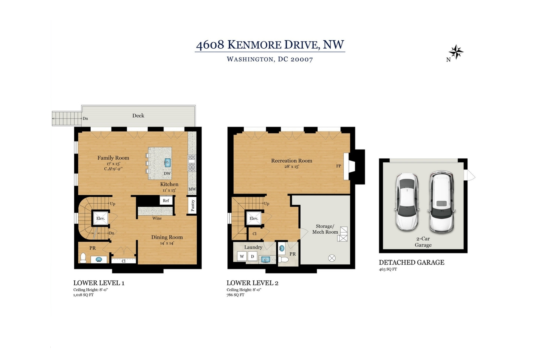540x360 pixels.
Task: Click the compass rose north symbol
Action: (456, 52)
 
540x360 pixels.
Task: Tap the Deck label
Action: (138, 115)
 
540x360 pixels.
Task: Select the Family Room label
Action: (113, 158)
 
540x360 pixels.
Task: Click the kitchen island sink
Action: (167, 163)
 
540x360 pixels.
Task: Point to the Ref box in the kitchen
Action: (166, 200)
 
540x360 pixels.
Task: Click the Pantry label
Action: (193, 205)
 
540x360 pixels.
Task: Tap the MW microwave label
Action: (192, 189)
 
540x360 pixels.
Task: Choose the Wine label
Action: (157, 218)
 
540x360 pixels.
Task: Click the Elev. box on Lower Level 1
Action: (100, 218)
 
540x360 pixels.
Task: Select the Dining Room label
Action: (167, 237)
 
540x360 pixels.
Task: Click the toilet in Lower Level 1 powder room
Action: (83, 258)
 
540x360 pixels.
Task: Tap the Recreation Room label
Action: (292, 160)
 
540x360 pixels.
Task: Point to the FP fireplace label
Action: (338, 166)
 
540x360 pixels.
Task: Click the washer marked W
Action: (242, 256)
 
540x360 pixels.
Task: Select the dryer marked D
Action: (253, 256)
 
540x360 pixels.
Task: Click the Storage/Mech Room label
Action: (325, 229)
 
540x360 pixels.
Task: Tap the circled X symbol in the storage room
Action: (332, 258)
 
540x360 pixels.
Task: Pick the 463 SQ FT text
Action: (388, 269)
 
